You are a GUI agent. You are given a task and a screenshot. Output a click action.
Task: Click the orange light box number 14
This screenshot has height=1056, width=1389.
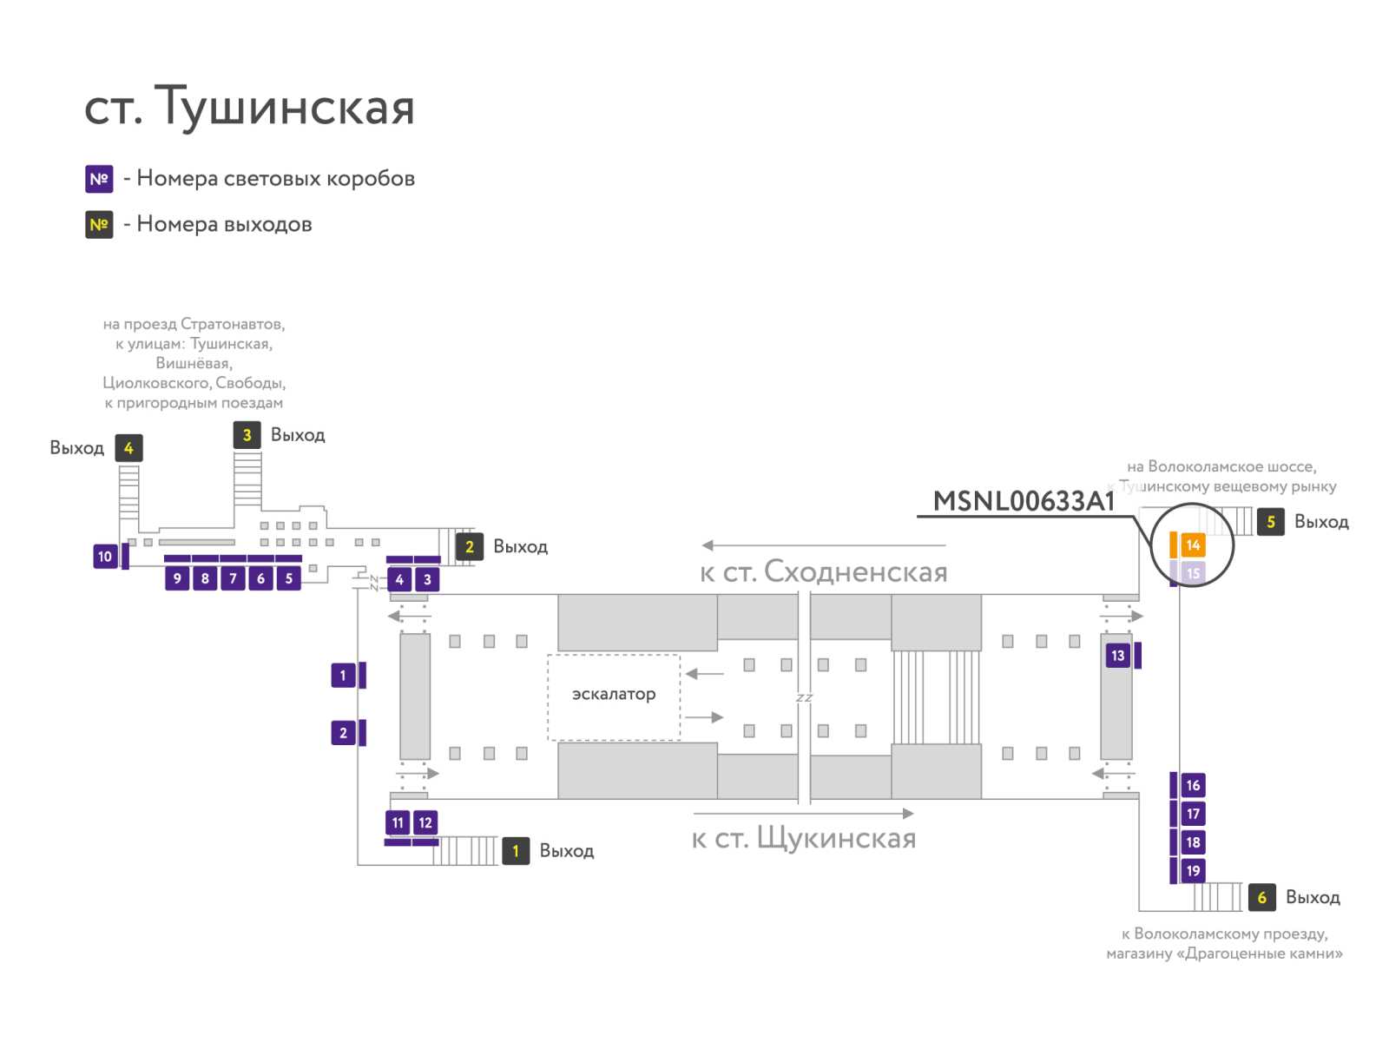pyautogui.click(x=1192, y=544)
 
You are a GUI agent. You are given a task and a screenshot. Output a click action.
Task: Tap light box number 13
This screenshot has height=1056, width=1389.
pyautogui.click(x=1117, y=656)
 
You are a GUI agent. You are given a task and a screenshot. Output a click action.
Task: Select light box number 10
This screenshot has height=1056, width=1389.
pyautogui.click(x=105, y=557)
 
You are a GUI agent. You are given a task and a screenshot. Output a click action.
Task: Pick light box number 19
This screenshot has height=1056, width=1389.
pyautogui.click(x=1192, y=871)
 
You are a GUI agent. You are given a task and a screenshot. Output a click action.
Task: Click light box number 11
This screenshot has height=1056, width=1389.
pyautogui.click(x=398, y=822)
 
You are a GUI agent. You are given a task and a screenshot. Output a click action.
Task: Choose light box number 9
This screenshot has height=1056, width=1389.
pyautogui.click(x=177, y=578)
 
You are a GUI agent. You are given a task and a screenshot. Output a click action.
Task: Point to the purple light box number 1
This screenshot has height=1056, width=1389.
pyautogui.click(x=343, y=675)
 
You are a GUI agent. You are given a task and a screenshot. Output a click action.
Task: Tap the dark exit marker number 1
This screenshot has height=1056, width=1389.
pyautogui.click(x=516, y=851)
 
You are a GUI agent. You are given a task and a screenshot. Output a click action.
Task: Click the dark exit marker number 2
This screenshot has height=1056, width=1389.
pyautogui.click(x=470, y=546)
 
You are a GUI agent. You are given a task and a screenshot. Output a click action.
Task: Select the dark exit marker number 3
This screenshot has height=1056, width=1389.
pyautogui.click(x=247, y=435)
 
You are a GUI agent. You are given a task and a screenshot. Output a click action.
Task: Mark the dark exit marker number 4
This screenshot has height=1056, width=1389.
pyautogui.click(x=128, y=448)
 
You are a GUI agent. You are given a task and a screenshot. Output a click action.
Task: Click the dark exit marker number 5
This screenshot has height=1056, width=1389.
pyautogui.click(x=1270, y=522)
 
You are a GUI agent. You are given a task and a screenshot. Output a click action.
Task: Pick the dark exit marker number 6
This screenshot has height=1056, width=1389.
pyautogui.click(x=1261, y=897)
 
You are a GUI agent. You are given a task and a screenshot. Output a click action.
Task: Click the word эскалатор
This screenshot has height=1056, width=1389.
pyautogui.click(x=613, y=694)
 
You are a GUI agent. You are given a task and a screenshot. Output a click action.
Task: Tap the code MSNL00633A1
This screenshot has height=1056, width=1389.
pyautogui.click(x=1024, y=501)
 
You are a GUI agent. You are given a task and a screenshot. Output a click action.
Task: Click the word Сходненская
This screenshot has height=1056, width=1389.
pyautogui.click(x=856, y=572)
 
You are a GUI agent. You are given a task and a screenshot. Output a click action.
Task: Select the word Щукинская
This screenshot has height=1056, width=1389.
pyautogui.click(x=837, y=838)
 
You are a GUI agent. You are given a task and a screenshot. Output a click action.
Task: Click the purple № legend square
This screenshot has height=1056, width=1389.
pyautogui.click(x=99, y=179)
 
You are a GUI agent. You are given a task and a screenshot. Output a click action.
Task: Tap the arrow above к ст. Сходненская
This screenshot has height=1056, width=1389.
pyautogui.click(x=824, y=544)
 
